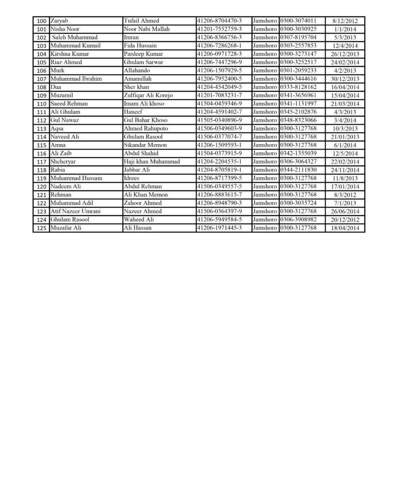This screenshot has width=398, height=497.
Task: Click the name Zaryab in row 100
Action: point(60,21)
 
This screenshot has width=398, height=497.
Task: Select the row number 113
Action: point(41,129)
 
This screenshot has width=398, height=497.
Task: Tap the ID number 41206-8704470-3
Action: point(220,21)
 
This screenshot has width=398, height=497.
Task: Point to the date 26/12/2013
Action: point(346,54)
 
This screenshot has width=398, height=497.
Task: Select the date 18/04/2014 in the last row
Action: point(346,228)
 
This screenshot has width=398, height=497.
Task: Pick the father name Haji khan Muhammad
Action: point(152,162)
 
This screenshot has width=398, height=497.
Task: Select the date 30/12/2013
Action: point(346,79)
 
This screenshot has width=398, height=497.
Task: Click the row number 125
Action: point(41,228)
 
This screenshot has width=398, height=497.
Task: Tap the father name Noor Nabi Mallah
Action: point(147,29)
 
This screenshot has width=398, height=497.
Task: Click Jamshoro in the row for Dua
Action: point(265,87)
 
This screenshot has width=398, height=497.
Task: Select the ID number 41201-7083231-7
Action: point(220,95)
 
